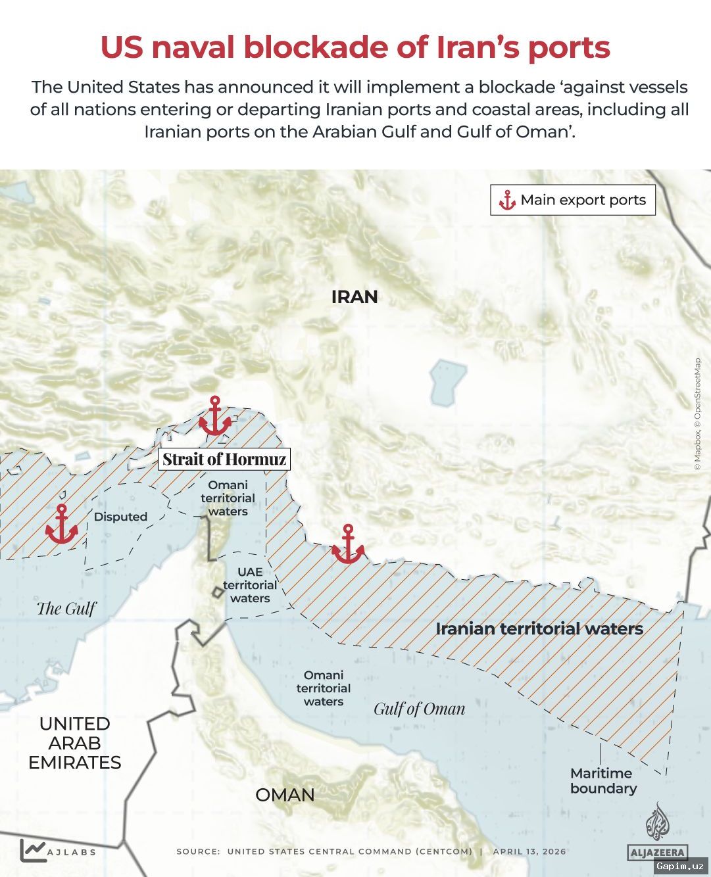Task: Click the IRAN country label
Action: pyautogui.click(x=355, y=297)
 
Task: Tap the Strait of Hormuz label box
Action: pyautogui.click(x=224, y=459)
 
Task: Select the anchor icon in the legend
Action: pyautogui.click(x=506, y=201)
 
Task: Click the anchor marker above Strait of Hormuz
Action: pyautogui.click(x=214, y=416)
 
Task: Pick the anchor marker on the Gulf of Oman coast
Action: pyautogui.click(x=348, y=544)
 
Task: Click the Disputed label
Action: pyautogui.click(x=120, y=517)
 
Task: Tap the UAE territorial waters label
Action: pyautogui.click(x=250, y=585)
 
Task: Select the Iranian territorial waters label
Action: pyautogui.click(x=539, y=628)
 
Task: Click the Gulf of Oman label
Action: pyautogui.click(x=420, y=709)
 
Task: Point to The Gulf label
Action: pyautogui.click(x=66, y=608)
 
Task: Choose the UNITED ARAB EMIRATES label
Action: pyautogui.click(x=75, y=743)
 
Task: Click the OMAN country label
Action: pyautogui.click(x=285, y=795)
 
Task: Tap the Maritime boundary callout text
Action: pyautogui.click(x=603, y=781)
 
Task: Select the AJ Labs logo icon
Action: pyautogui.click(x=33, y=850)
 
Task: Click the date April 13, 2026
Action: pyautogui.click(x=529, y=851)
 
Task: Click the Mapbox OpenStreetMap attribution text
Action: pyautogui.click(x=698, y=414)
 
